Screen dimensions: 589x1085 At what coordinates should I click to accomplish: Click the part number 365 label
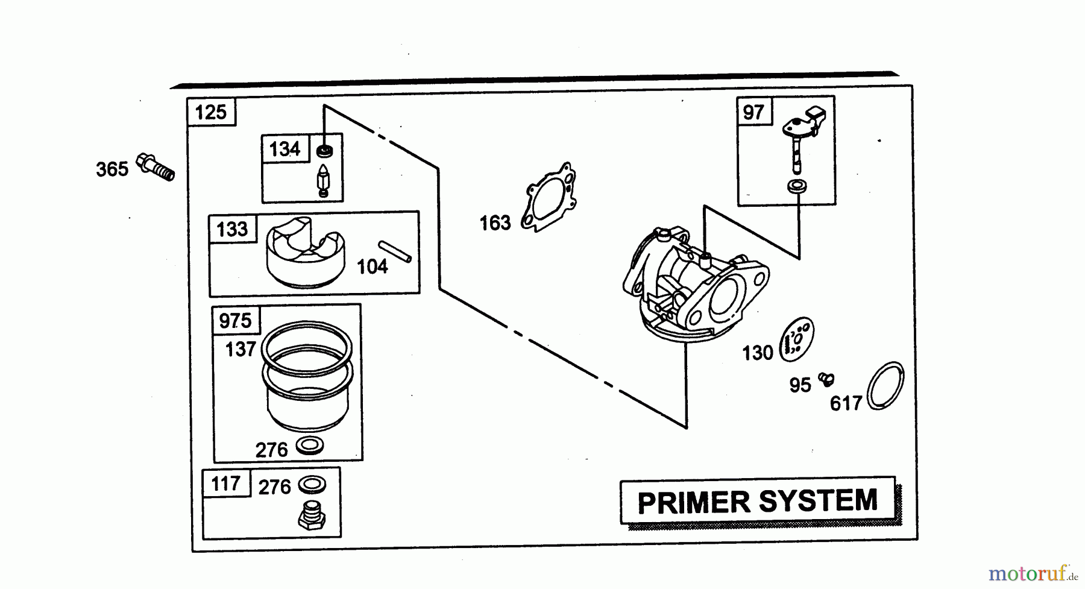(112, 169)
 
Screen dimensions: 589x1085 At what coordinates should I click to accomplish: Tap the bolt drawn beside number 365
(156, 166)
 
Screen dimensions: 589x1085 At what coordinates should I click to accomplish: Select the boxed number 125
(211, 112)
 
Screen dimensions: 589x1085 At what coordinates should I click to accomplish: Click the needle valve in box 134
(323, 179)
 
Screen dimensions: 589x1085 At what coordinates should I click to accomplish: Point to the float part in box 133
(305, 254)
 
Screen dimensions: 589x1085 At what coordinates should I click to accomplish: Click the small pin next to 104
(395, 251)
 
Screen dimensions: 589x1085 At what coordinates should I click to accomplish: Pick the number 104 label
(372, 266)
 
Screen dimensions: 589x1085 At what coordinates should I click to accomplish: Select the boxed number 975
(235, 320)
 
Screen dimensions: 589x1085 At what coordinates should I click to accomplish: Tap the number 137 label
(241, 349)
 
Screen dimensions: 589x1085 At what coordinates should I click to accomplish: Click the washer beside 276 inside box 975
(310, 447)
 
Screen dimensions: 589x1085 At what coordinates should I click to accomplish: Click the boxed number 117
(225, 483)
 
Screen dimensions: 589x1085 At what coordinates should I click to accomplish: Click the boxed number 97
(753, 112)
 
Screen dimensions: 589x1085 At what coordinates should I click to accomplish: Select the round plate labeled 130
(797, 341)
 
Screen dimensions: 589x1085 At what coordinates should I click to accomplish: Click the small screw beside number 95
(825, 379)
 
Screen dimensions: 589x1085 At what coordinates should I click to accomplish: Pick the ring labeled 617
(885, 386)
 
